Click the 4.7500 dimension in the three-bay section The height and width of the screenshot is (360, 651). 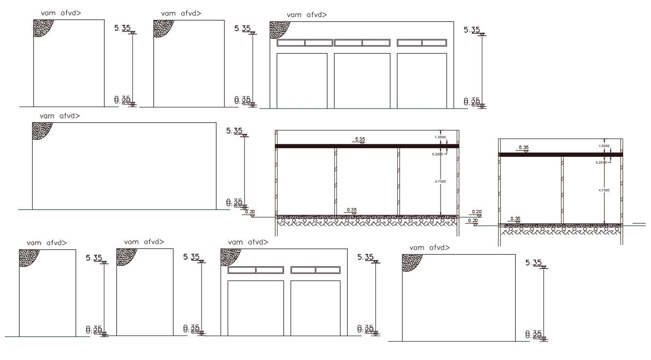click(x=440, y=181)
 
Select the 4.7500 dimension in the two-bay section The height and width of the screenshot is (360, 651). click(x=604, y=190)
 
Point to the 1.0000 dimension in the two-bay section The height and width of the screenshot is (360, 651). click(x=604, y=146)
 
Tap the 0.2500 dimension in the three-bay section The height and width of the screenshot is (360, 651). click(x=438, y=154)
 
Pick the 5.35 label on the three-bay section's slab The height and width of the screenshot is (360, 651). click(x=360, y=139)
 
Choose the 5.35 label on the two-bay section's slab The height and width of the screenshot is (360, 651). click(x=524, y=147)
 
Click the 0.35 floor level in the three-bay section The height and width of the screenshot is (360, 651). click(x=352, y=210)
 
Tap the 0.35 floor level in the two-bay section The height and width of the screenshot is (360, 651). click(x=515, y=219)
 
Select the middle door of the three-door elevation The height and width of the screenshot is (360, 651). click(x=362, y=80)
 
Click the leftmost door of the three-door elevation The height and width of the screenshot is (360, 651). click(x=302, y=80)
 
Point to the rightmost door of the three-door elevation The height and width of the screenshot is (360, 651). click(x=422, y=80)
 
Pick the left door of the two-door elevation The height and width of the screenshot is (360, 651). click(x=256, y=308)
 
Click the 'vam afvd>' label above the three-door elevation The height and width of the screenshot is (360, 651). click(x=307, y=15)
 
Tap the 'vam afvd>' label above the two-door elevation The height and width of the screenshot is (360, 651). click(x=248, y=242)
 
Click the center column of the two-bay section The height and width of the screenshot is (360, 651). click(x=562, y=190)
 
